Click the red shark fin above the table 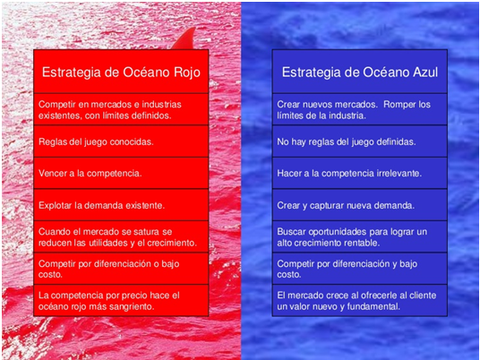(x=184, y=39)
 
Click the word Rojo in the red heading (x=187, y=73)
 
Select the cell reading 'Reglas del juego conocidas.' (x=121, y=141)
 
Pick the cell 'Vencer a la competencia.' (x=121, y=173)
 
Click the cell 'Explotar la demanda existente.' (x=121, y=205)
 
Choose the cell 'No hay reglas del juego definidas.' (x=360, y=141)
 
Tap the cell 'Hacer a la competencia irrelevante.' (x=360, y=173)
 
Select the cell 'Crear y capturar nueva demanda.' (x=360, y=205)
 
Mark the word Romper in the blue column (x=399, y=105)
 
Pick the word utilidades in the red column (x=106, y=243)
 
